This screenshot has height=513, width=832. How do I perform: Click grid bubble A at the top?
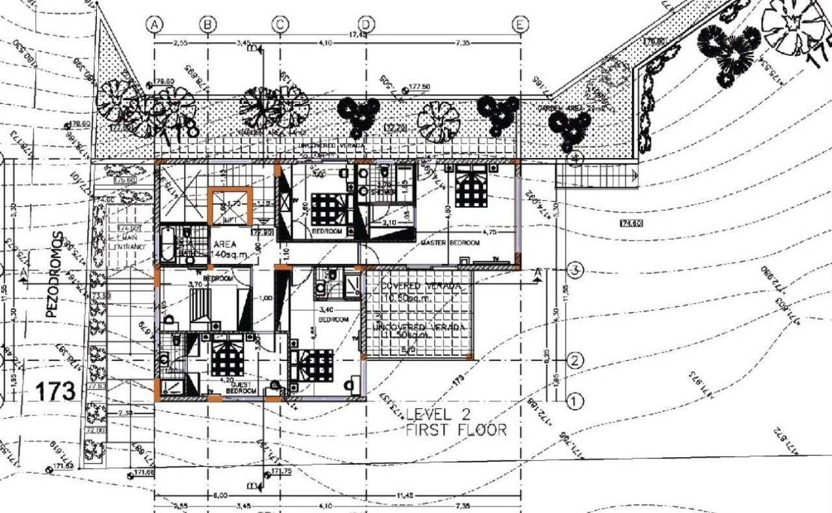[x=154, y=24]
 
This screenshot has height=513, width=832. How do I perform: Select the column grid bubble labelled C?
[x=279, y=24]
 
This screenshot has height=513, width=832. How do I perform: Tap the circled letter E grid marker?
[x=521, y=24]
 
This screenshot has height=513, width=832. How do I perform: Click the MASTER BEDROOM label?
[x=450, y=243]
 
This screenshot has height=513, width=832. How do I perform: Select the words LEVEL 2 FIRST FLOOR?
[x=455, y=422]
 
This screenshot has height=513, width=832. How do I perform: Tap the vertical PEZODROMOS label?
[x=52, y=274]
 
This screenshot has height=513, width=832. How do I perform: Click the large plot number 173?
[x=55, y=392]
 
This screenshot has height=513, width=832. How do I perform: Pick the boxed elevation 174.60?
[x=631, y=223]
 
